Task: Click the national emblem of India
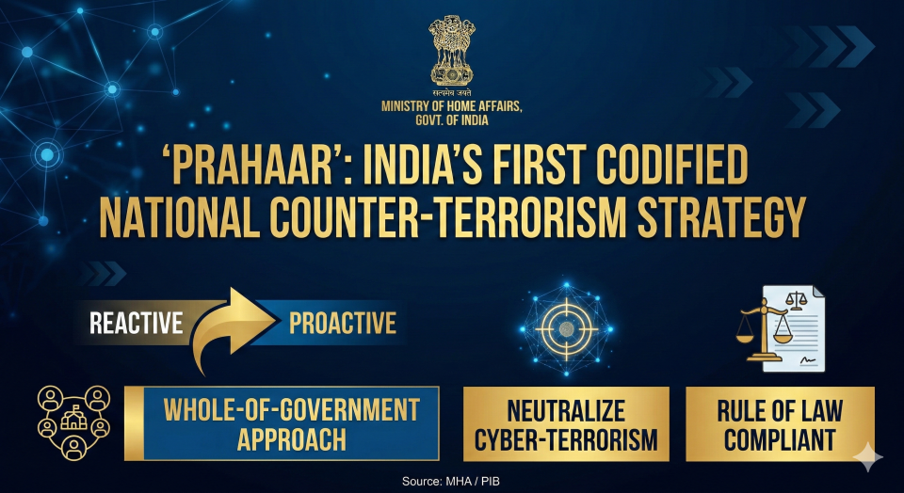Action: [452, 51]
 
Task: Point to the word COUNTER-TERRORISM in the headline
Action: [440, 218]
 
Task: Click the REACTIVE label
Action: [136, 323]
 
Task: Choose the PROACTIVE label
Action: [343, 323]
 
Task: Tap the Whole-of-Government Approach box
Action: [282, 423]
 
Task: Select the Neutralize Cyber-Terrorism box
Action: [566, 424]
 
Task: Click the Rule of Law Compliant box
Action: [780, 424]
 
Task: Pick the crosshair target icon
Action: [566, 329]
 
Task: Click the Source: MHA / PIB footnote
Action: [451, 482]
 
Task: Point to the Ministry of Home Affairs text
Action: [451, 114]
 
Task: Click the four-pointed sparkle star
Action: [867, 458]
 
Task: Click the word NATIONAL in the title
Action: [179, 218]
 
